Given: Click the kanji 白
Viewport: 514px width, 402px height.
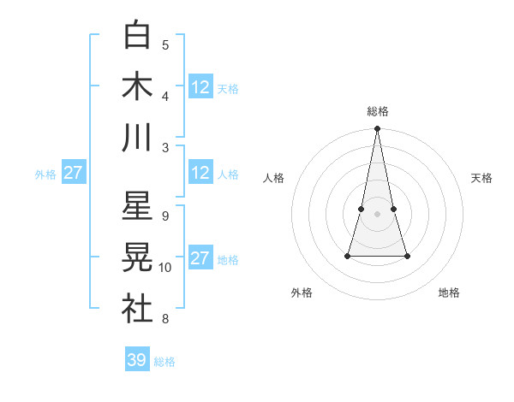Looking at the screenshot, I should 137,35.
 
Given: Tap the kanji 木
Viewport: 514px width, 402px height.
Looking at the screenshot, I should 137,86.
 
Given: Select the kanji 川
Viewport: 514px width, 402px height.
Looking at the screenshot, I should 137,137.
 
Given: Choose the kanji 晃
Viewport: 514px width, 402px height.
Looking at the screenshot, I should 137,257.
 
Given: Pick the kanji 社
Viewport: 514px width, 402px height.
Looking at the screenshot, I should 137,309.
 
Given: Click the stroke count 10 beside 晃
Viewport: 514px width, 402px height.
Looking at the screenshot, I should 165,268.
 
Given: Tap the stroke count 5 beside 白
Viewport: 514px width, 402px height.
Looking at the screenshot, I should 165,44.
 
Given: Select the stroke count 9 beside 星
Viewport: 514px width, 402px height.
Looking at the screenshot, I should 165,216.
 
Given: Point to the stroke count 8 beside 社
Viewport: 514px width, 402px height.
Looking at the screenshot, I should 165,319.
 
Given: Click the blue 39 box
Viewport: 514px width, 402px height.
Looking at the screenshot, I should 137,360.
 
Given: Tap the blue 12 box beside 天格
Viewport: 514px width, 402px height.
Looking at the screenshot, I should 200,86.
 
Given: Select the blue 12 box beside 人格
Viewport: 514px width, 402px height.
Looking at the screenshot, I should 200,173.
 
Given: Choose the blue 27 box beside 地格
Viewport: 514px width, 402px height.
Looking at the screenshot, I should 200,258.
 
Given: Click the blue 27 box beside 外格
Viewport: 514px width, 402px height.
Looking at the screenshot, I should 73,173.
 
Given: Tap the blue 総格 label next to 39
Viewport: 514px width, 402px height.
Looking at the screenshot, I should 164,362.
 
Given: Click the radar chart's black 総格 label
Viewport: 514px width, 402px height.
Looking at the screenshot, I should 377,111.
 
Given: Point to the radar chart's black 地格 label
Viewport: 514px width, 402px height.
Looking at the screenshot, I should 449,293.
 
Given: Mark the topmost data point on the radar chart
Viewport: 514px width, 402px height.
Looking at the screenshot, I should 377,129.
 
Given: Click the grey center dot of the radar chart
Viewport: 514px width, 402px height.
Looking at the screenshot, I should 377,213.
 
